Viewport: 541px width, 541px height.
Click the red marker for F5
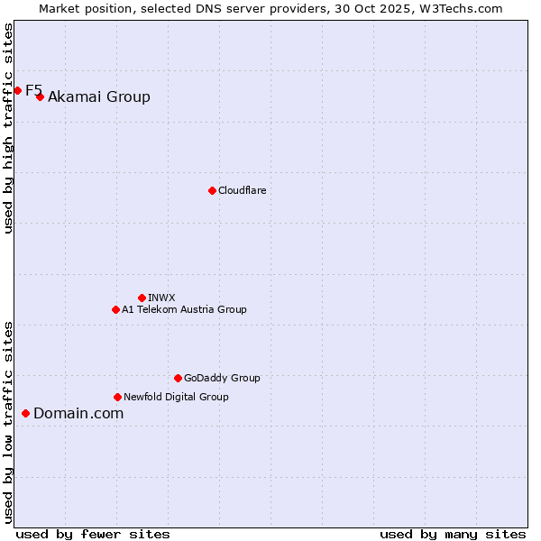17,90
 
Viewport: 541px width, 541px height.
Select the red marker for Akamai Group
40,96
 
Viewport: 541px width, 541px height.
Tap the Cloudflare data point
212,190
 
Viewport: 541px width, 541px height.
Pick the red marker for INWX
142,298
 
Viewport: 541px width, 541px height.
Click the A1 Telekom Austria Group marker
115,309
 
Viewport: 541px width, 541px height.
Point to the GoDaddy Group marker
178,378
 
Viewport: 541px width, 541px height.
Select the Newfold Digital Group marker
117,397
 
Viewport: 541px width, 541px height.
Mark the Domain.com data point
25,413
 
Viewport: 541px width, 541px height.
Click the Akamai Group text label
99,97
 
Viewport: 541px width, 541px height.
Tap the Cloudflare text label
243,190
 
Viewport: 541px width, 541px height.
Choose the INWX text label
161,298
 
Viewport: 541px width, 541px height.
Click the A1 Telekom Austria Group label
184,309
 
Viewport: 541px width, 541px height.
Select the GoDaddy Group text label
222,378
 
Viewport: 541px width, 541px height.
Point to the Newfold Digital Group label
176,397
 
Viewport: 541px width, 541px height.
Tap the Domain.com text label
78,414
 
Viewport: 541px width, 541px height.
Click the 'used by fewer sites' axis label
93,534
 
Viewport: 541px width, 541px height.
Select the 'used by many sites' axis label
453,534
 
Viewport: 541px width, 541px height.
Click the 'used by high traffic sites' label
8,128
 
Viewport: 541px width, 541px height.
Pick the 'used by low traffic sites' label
8,421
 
